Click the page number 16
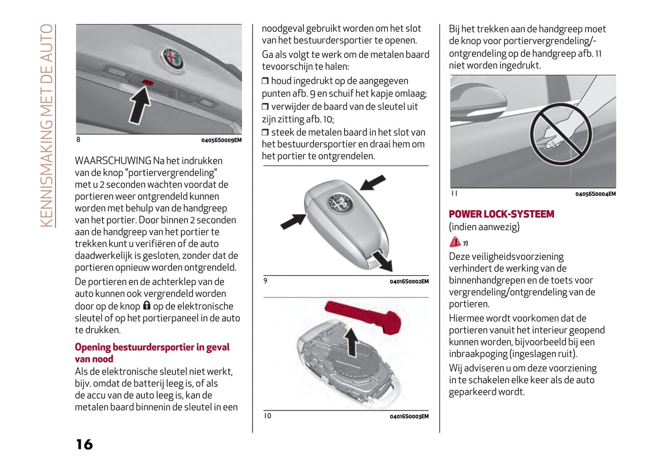tap(84, 444)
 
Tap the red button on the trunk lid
tap(148, 82)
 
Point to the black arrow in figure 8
tap(140, 105)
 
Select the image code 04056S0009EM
tap(221, 140)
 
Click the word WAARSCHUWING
tap(113, 160)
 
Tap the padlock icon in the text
tap(146, 306)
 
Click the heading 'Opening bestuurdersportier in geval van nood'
tap(152, 353)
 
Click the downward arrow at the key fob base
tap(381, 261)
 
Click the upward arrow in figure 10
tap(351, 342)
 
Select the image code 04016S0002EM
tap(409, 282)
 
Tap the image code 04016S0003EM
tap(409, 416)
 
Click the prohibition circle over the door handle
tap(560, 133)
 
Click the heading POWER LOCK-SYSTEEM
tap(501, 214)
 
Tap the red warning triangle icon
tap(455, 242)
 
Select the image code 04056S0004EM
tap(595, 194)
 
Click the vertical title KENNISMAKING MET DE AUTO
tap(46, 125)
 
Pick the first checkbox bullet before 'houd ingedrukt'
tap(265, 81)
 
